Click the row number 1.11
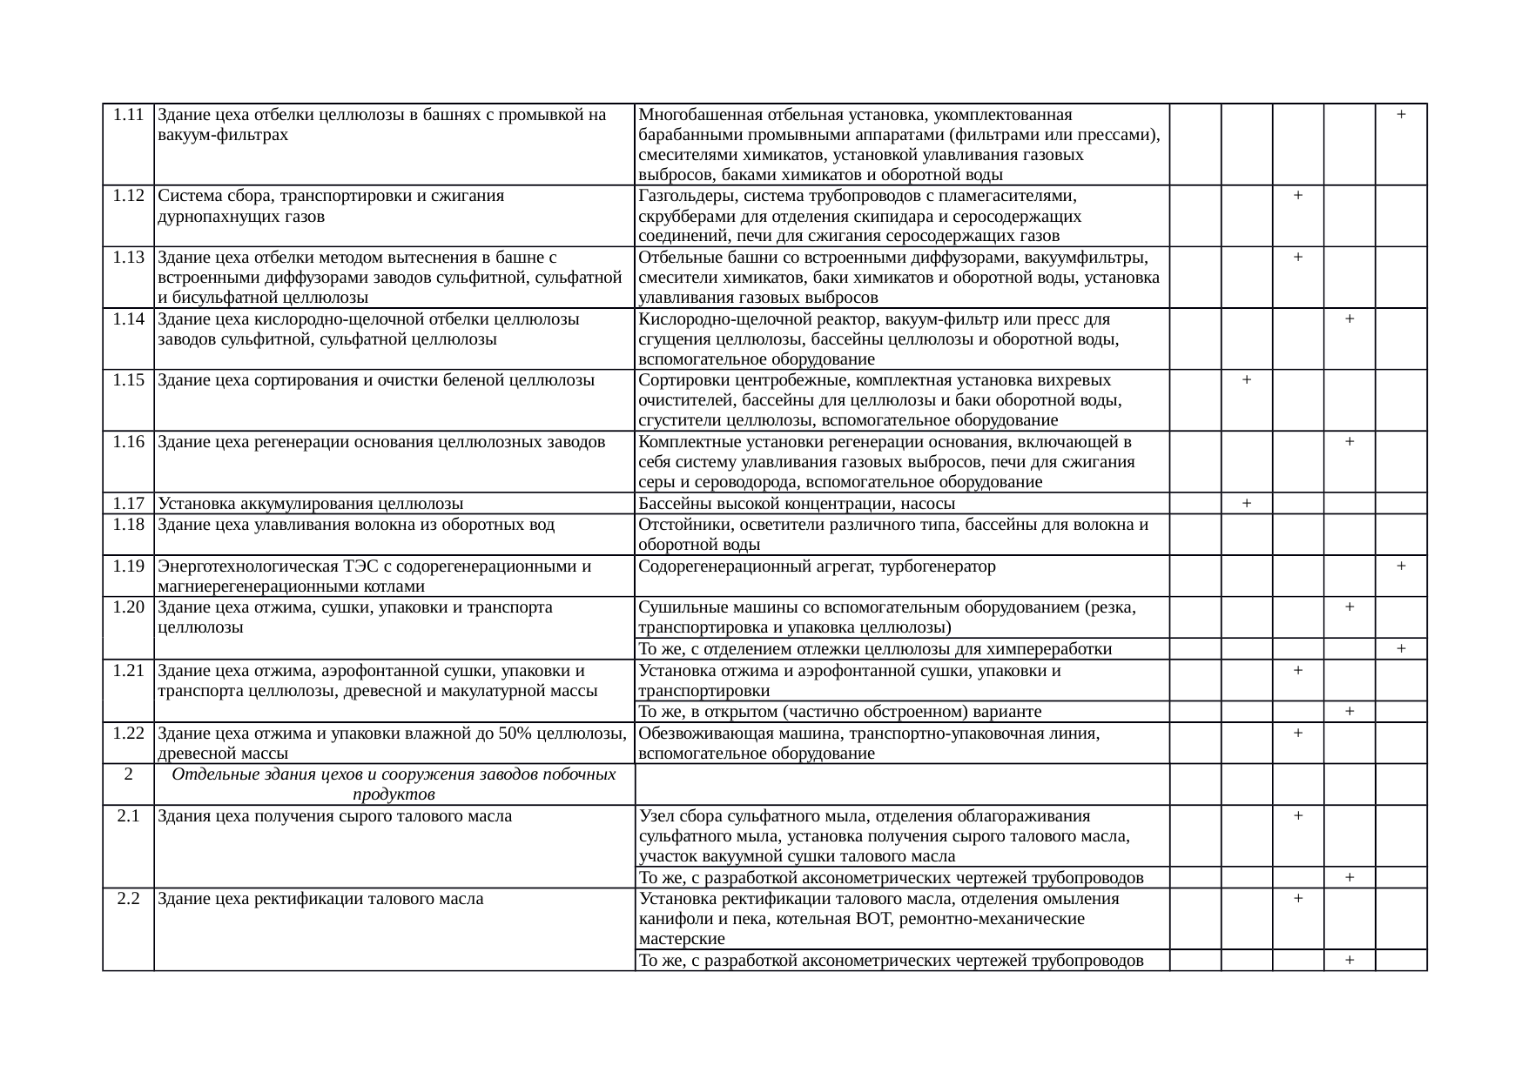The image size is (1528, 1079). coord(128,114)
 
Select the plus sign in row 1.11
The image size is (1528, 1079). coord(1401,114)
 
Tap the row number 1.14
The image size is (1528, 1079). coord(128,318)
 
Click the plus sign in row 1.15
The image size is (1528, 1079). coord(1247,380)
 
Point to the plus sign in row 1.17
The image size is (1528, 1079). coord(1247,503)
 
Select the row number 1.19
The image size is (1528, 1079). coord(128,566)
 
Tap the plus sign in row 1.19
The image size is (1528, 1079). coord(1401,566)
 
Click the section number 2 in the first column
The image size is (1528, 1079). coord(128,774)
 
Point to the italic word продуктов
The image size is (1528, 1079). coord(394,795)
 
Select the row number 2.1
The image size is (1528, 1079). coord(128,816)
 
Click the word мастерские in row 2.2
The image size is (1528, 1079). coord(681,939)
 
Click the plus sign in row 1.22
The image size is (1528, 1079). coord(1298,734)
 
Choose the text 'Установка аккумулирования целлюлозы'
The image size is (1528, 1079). coord(310,504)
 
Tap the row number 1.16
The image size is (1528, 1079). coord(128,441)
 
